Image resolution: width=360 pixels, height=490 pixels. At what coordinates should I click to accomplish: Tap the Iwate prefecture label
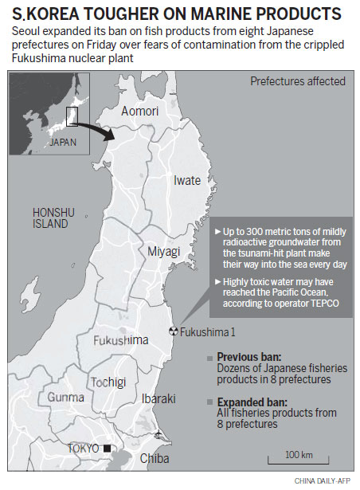[x=187, y=181]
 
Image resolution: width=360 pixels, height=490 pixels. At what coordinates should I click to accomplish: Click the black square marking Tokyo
[x=107, y=449]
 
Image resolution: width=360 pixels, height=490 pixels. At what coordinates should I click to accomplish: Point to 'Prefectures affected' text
[x=298, y=81]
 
